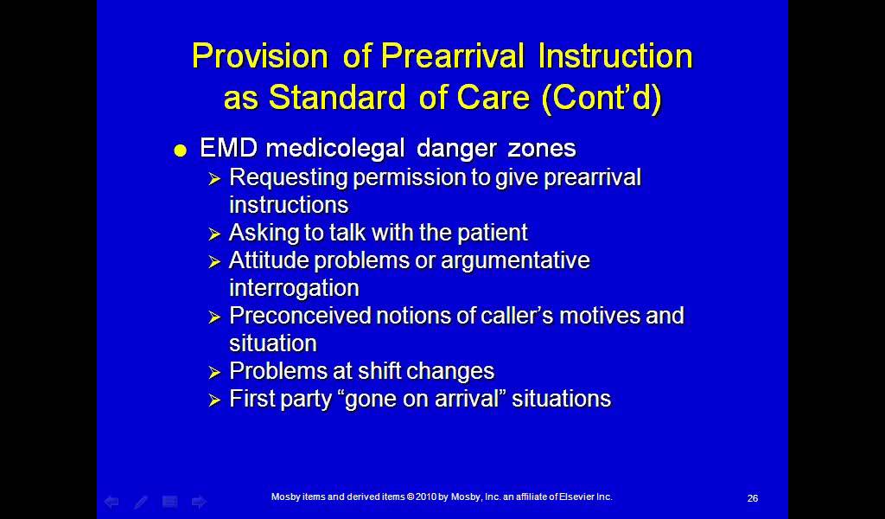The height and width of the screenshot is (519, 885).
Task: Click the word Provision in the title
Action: pos(259,56)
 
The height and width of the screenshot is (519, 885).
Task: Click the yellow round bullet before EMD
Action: pos(180,151)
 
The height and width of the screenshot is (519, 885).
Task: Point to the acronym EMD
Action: pos(228,148)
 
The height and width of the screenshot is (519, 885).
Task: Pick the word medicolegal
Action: pos(335,149)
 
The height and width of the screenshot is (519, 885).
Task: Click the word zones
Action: pos(542,149)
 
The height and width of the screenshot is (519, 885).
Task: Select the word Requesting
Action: pos(289,178)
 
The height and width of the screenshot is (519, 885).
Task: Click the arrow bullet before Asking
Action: pos(214,234)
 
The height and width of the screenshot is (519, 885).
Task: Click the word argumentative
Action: pos(515,261)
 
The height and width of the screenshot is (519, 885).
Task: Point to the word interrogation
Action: pos(294,288)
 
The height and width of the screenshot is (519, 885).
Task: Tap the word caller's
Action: pos(518,315)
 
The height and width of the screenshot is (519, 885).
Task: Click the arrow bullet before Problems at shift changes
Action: pos(214,373)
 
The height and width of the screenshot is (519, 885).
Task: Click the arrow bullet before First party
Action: pos(214,400)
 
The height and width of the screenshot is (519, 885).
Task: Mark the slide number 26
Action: pos(753,498)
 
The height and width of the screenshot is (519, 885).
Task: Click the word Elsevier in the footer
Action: pos(576,497)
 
